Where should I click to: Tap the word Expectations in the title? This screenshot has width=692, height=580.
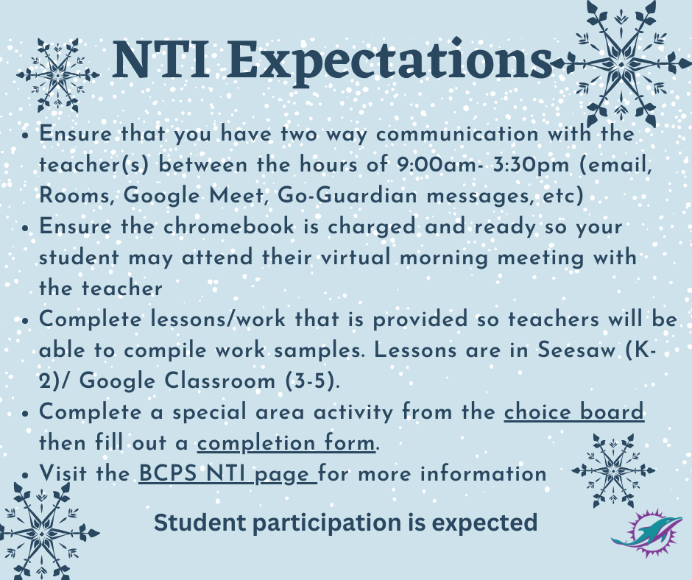(381, 62)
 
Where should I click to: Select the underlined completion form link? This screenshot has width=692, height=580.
(286, 443)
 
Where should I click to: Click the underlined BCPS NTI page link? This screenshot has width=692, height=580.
(227, 473)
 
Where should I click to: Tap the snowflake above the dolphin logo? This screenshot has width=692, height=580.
(613, 470)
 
